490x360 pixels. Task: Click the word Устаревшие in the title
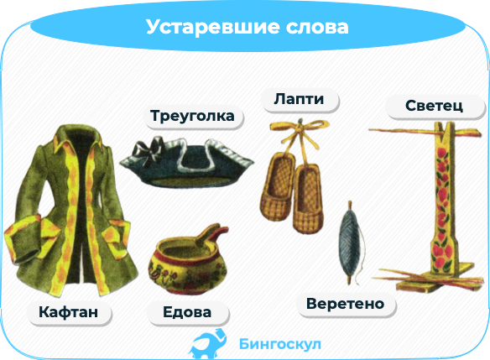click(212, 27)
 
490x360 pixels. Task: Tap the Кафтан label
click(69, 312)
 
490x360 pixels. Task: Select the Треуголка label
click(192, 116)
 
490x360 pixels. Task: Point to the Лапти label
click(299, 99)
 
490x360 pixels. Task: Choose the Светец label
click(434, 106)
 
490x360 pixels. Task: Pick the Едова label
click(187, 312)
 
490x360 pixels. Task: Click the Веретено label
click(346, 304)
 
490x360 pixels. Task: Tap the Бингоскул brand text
click(280, 344)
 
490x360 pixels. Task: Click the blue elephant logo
click(208, 344)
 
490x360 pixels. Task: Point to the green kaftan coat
click(70, 211)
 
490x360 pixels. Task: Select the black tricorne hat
click(186, 162)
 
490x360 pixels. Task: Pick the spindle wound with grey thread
click(351, 243)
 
